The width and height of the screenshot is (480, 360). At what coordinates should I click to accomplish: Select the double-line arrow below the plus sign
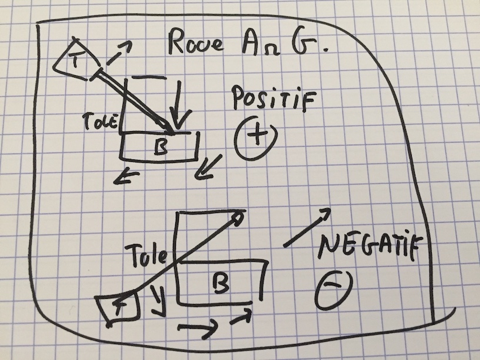click(x=211, y=165)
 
